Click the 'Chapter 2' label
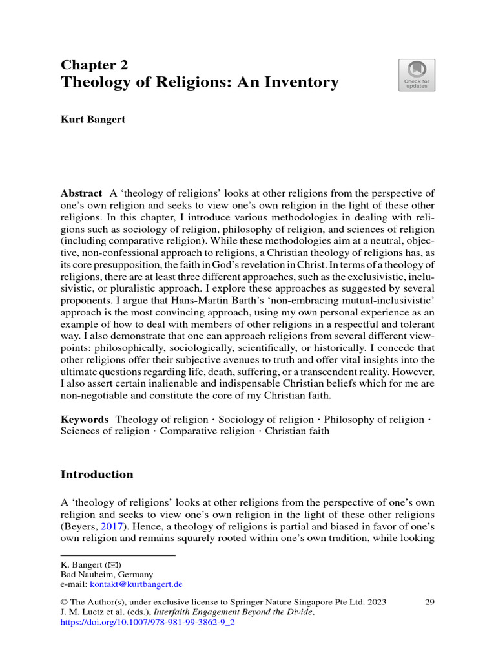94,65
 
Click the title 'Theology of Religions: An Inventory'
200,82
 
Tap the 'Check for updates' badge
417,76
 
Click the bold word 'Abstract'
81,193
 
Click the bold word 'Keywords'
85,420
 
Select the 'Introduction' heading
97,475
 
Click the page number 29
429,602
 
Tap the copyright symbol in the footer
64,602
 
